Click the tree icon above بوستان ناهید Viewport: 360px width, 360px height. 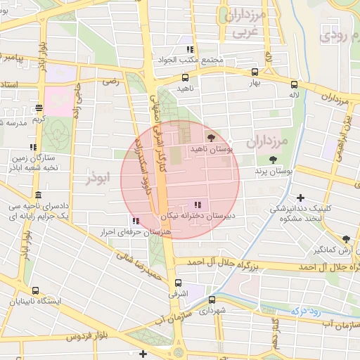click(x=212, y=138)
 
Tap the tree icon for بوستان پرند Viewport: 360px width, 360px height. click(x=272, y=160)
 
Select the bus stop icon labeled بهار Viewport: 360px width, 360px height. click(x=254, y=71)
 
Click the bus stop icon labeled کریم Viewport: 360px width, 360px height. click(x=38, y=108)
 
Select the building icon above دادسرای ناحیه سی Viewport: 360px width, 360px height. click(x=37, y=195)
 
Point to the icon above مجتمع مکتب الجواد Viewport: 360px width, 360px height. click(x=189, y=49)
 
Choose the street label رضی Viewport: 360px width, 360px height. click(x=110, y=82)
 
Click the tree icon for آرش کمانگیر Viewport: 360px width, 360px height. click(x=345, y=239)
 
